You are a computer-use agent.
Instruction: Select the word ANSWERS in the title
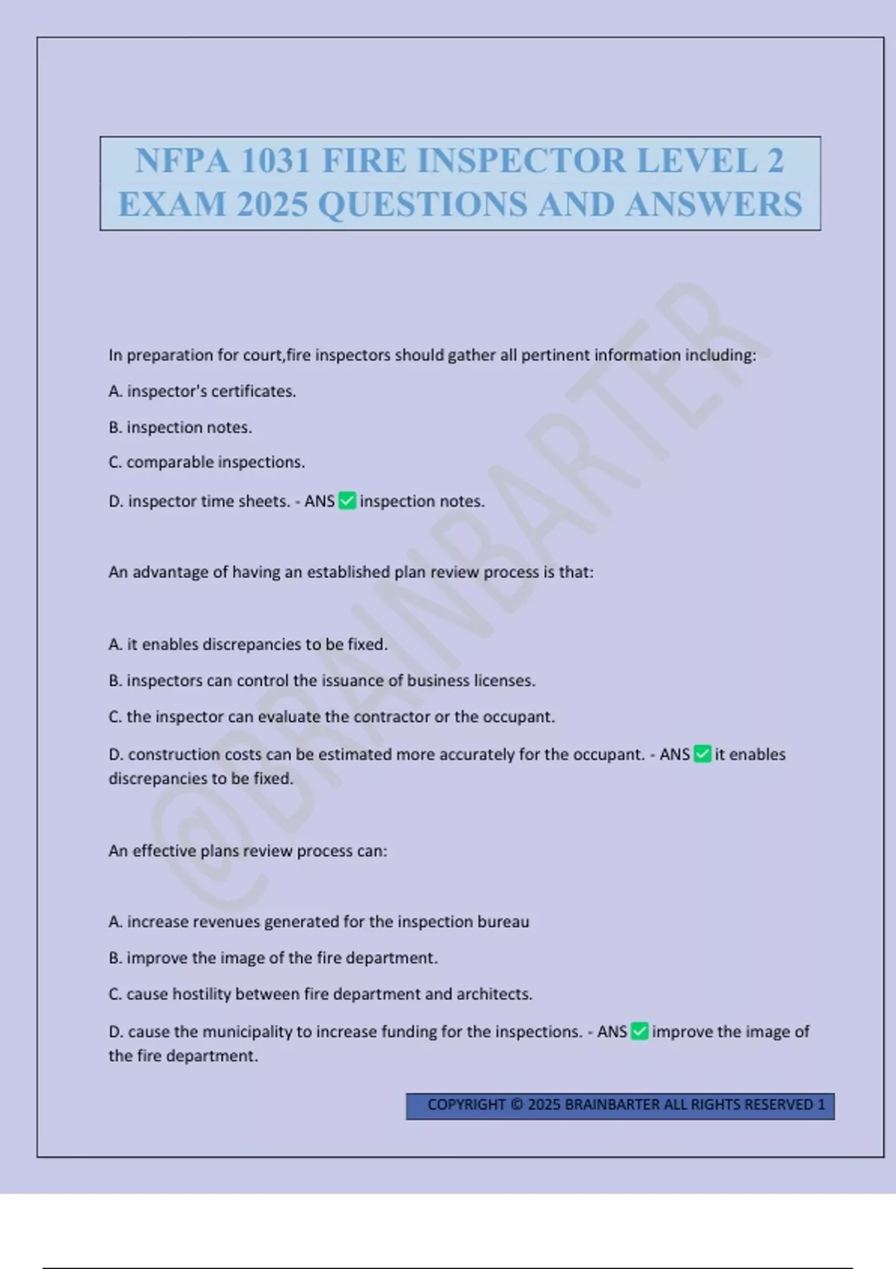[x=714, y=205]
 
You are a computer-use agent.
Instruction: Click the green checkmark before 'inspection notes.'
[x=347, y=501]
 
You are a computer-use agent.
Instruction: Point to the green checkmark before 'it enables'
[x=703, y=754]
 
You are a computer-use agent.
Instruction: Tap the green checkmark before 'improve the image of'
[x=640, y=1032]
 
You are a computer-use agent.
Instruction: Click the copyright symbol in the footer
[x=517, y=1105]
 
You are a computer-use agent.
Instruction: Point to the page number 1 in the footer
[x=821, y=1105]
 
